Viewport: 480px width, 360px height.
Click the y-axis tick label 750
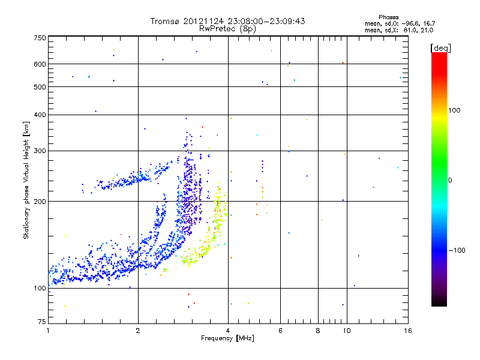pos(40,38)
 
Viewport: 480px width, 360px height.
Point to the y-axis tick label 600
pos(40,64)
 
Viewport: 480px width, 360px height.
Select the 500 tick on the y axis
pos(40,87)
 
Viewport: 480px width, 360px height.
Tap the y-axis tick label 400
pos(40,115)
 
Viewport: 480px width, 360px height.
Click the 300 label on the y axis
pos(40,151)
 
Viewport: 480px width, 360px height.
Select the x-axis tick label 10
pos(346,331)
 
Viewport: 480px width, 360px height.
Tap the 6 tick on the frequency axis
pos(280,331)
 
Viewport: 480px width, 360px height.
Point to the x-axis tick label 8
pos(318,331)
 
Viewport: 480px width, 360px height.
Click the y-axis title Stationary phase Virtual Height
pos(26,180)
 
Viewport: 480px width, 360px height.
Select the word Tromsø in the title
pos(165,21)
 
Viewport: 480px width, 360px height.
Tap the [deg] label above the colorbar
pos(440,47)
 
